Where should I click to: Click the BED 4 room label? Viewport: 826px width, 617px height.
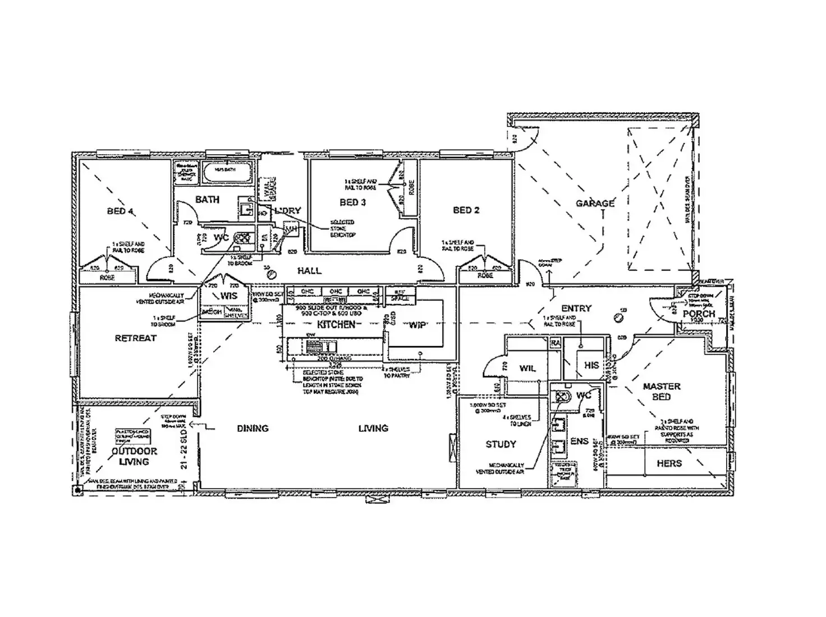(x=120, y=211)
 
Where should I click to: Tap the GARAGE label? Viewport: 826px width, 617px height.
(x=595, y=203)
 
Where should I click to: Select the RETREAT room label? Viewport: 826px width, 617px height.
(x=135, y=338)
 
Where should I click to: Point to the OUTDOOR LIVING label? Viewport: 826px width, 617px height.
(x=134, y=457)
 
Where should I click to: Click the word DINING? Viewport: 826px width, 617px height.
(x=253, y=429)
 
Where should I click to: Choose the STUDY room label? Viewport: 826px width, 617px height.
(x=501, y=444)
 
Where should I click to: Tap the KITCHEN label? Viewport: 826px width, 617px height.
(x=336, y=325)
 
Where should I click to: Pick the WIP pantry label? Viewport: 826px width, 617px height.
(x=417, y=325)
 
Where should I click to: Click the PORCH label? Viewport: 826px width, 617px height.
(x=699, y=314)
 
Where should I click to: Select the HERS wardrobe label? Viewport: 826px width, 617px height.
(x=669, y=463)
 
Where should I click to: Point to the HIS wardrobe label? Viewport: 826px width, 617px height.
(x=591, y=365)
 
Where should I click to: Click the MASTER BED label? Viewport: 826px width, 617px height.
(x=662, y=392)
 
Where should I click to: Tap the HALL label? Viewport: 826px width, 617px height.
(x=309, y=271)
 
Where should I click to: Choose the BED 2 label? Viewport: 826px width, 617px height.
(x=466, y=210)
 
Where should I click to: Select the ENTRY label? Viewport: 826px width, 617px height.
(x=576, y=308)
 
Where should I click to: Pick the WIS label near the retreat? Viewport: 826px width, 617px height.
(x=228, y=296)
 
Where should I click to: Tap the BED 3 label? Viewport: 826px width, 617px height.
(x=353, y=202)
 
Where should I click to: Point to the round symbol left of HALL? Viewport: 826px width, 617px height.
(x=272, y=274)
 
